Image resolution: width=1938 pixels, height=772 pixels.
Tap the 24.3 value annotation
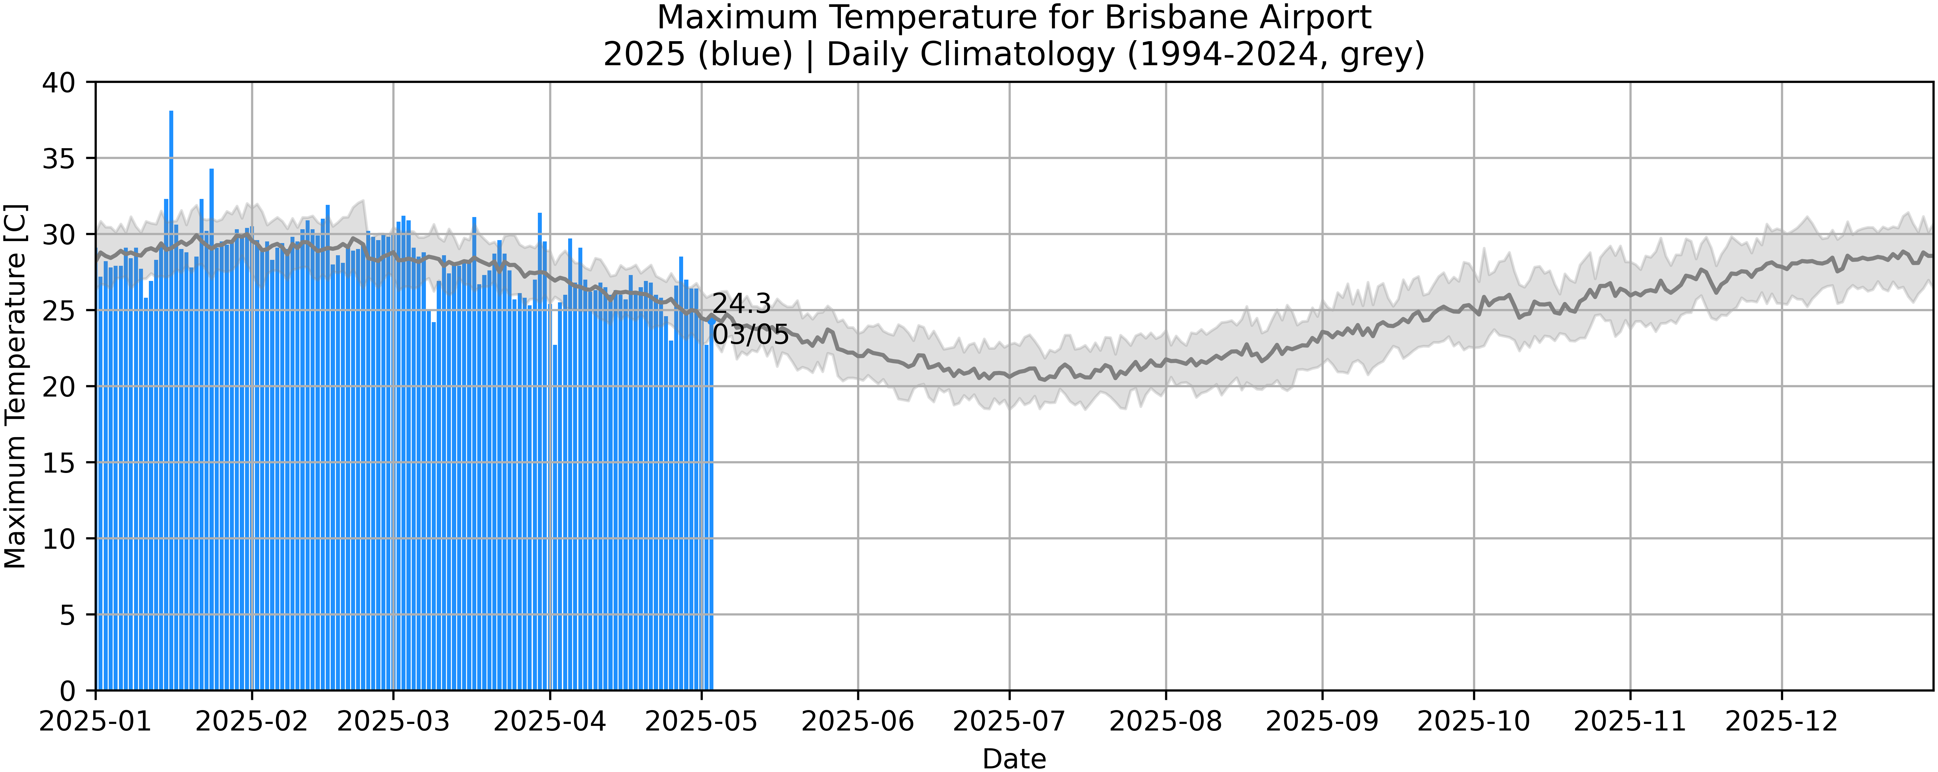pyautogui.click(x=741, y=304)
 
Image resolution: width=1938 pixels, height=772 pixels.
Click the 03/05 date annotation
pyautogui.click(x=750, y=335)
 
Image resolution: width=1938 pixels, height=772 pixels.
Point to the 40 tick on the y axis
pyautogui.click(x=59, y=83)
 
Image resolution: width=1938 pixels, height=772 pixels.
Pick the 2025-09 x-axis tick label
pyautogui.click(x=1322, y=722)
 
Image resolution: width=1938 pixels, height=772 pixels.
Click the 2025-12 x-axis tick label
pyautogui.click(x=1782, y=722)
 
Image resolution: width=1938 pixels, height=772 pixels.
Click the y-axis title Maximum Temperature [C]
pyautogui.click(x=15, y=386)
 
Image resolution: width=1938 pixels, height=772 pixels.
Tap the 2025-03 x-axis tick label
pyautogui.click(x=393, y=722)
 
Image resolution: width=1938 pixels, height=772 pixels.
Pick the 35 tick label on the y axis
pyautogui.click(x=59, y=159)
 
